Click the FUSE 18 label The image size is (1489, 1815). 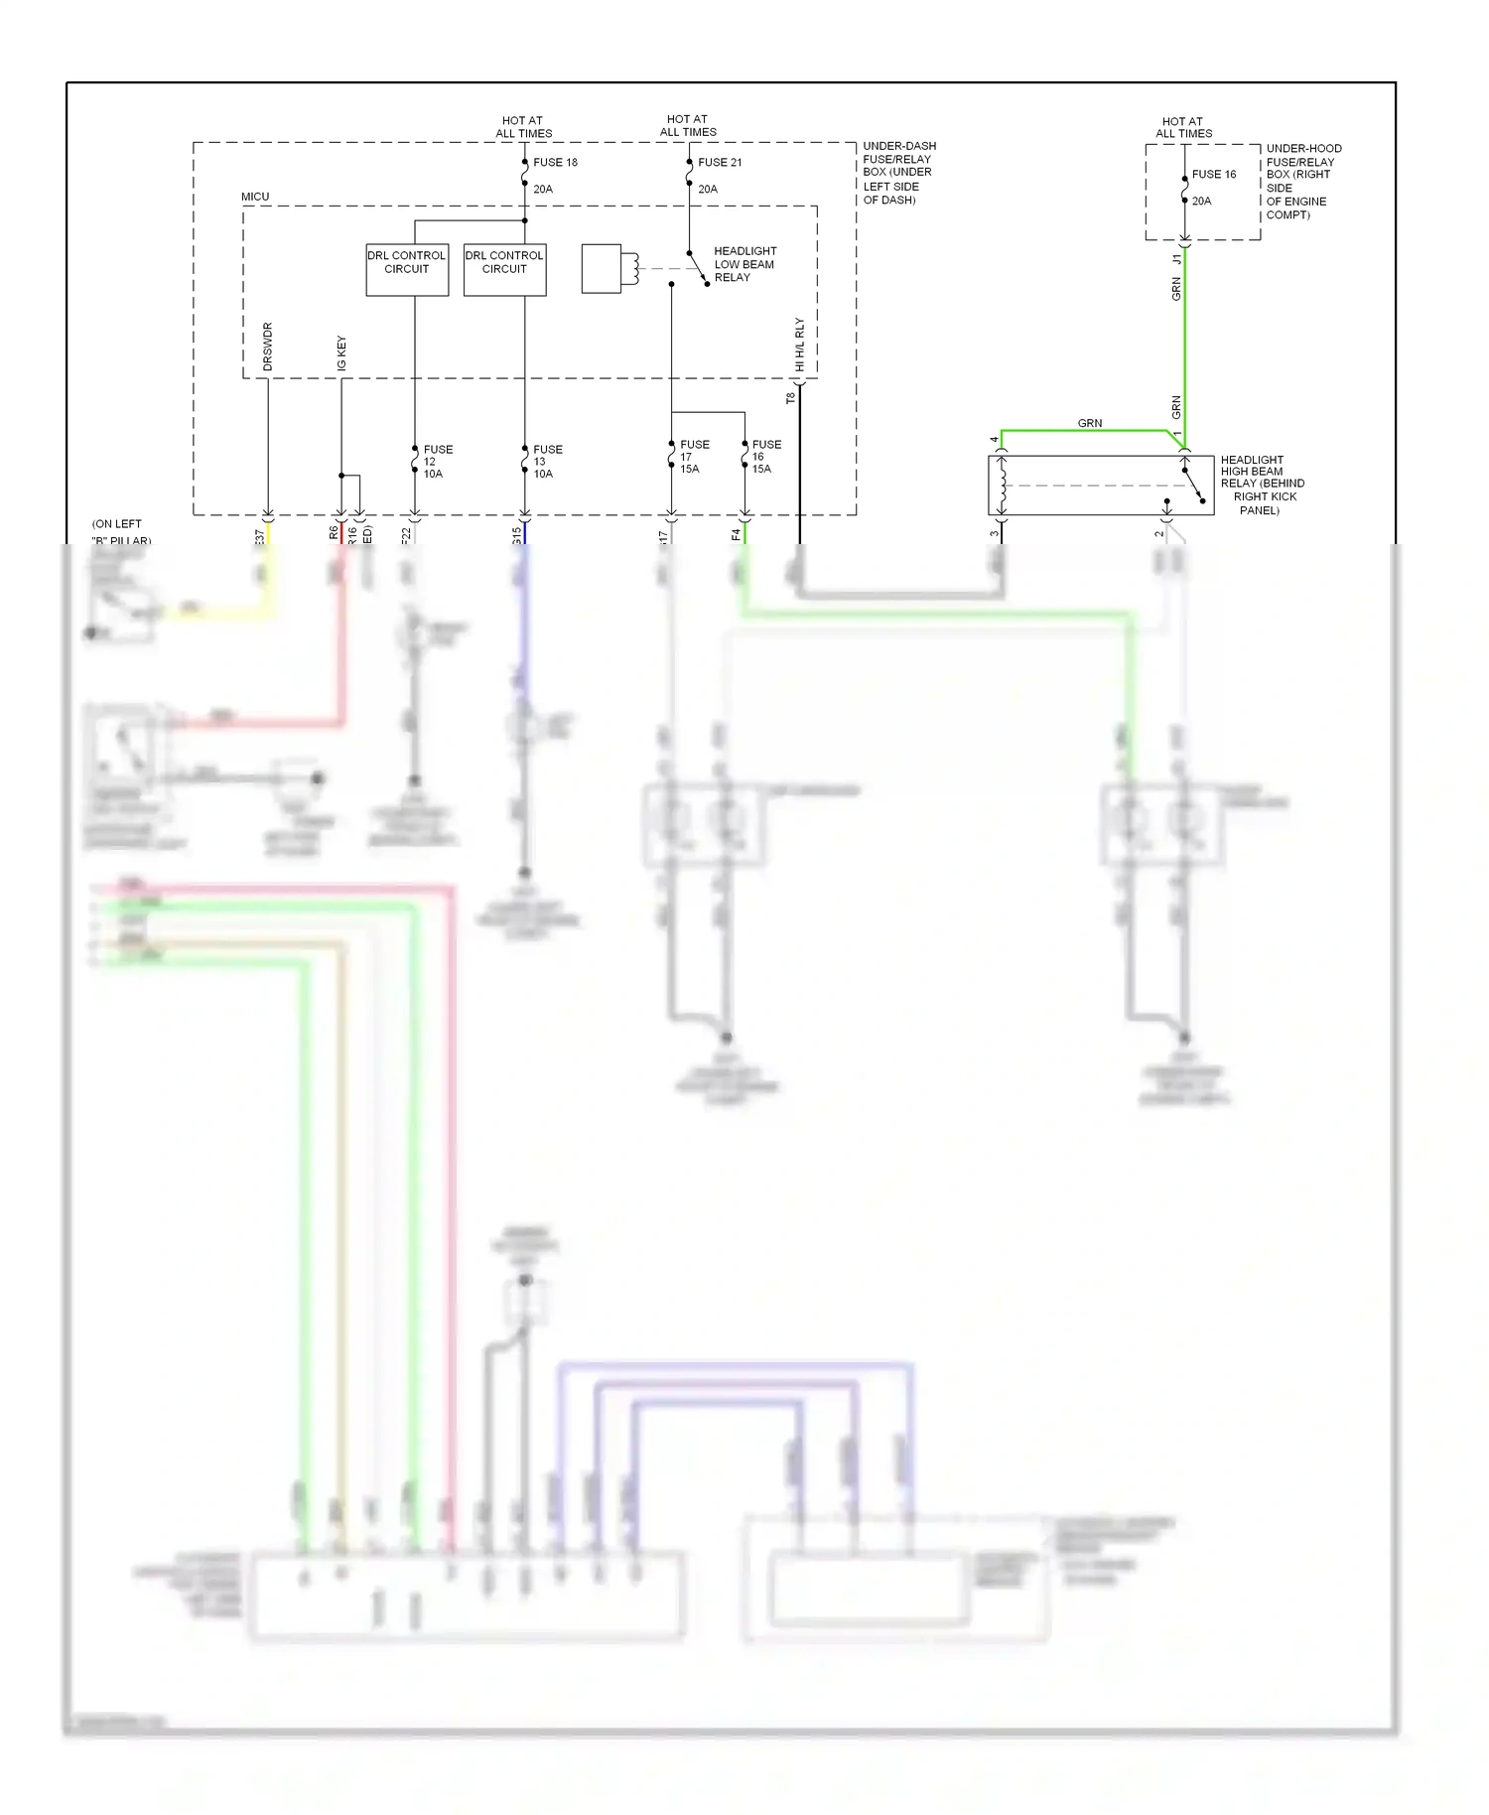tap(555, 162)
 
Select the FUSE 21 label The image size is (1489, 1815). tap(720, 162)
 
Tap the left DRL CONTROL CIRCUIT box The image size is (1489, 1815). tap(406, 269)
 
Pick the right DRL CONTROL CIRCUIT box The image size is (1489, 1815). tap(504, 269)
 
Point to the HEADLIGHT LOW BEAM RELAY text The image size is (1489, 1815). tap(744, 264)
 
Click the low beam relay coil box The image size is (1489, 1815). tap(602, 268)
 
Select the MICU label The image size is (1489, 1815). tap(255, 197)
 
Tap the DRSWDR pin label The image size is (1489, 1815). tap(268, 347)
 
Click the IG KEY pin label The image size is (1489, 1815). tap(341, 353)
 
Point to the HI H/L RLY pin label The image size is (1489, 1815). tap(800, 345)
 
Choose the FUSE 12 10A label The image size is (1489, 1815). tap(437, 462)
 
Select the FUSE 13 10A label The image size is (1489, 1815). tap(546, 462)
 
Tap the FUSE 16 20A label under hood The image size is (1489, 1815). tap(1213, 187)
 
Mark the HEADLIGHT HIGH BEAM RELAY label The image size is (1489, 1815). tap(1261, 485)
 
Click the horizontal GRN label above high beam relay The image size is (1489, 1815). tap(1090, 423)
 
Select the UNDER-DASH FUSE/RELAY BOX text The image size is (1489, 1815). tap(897, 173)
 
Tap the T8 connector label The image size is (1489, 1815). tap(790, 398)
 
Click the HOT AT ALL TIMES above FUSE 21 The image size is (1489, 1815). tap(688, 125)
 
